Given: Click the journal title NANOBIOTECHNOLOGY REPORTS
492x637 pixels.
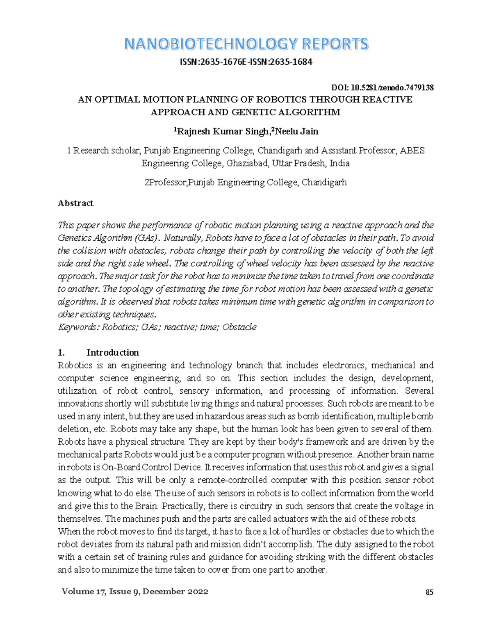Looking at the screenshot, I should [246, 44].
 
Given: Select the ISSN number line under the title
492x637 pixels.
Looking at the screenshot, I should [246, 62].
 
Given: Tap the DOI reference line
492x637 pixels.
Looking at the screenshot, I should [382, 87].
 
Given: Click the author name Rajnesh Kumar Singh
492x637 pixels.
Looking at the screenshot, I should [222, 132].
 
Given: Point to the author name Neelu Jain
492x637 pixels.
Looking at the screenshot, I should [297, 132].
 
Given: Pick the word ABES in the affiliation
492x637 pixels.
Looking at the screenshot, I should [412, 151].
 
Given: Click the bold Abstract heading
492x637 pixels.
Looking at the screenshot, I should [75, 203].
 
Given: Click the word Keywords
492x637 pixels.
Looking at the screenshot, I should [78, 327].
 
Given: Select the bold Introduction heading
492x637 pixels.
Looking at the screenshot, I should [112, 352].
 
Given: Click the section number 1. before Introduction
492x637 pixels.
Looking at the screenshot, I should [61, 352].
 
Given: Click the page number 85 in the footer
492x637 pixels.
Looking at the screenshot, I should [429, 592].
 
